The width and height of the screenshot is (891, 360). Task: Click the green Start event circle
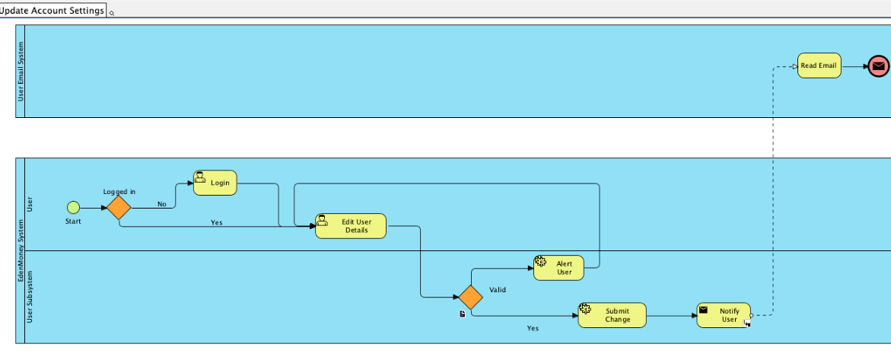pyautogui.click(x=73, y=207)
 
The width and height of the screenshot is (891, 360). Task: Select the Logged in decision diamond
pyautogui.click(x=119, y=207)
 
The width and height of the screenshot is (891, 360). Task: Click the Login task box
pyautogui.click(x=215, y=183)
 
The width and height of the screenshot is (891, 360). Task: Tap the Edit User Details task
pyautogui.click(x=351, y=226)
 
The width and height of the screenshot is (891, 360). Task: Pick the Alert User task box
pyautogui.click(x=558, y=267)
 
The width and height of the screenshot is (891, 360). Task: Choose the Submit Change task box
pyautogui.click(x=613, y=315)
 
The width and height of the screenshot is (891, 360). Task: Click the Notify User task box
pyautogui.click(x=724, y=315)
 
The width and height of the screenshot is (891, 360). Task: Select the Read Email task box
pyautogui.click(x=819, y=65)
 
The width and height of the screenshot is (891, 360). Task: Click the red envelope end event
pyautogui.click(x=878, y=66)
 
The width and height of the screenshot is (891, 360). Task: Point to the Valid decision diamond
pyautogui.click(x=471, y=297)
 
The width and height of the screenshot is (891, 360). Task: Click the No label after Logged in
pyautogui.click(x=161, y=204)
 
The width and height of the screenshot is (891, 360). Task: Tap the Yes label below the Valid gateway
pyautogui.click(x=533, y=328)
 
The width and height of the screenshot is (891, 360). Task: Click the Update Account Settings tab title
pyautogui.click(x=53, y=11)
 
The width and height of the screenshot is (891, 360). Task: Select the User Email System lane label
pyautogui.click(x=21, y=72)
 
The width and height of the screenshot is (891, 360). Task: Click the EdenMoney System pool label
pyautogui.click(x=21, y=251)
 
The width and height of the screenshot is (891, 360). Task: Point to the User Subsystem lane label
pyautogui.click(x=30, y=297)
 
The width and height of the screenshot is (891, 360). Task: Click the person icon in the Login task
pyautogui.click(x=200, y=177)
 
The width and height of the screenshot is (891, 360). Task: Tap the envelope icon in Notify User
pyautogui.click(x=704, y=310)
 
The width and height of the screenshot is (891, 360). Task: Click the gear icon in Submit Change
pyautogui.click(x=585, y=309)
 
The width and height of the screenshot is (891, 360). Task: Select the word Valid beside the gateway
pyautogui.click(x=498, y=289)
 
